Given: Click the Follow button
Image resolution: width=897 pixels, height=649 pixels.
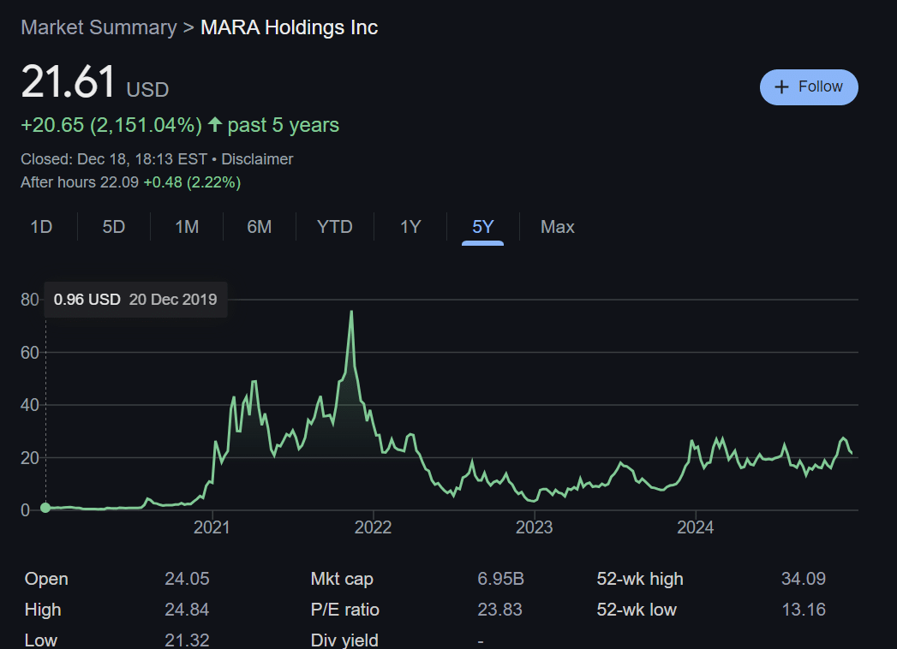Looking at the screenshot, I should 809,87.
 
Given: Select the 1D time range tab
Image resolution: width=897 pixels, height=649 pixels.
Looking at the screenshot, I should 41,227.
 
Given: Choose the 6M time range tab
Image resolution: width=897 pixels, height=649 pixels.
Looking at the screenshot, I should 259,227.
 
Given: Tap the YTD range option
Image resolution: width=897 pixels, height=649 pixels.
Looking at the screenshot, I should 334,227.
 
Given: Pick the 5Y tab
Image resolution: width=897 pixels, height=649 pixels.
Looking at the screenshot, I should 482,227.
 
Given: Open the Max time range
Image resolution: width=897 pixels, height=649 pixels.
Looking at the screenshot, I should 557,227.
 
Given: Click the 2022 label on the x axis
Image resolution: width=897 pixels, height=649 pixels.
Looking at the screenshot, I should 374,527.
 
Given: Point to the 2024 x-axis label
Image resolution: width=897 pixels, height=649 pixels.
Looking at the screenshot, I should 696,527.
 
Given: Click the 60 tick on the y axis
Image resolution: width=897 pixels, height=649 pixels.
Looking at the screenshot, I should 30,352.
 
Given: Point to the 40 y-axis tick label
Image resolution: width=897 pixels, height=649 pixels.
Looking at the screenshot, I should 30,405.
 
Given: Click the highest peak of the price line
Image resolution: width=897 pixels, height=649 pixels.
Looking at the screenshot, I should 351,312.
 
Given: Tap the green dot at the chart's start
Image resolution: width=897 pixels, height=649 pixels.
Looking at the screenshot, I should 45,508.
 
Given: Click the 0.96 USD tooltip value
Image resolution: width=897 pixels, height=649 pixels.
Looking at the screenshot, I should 87,300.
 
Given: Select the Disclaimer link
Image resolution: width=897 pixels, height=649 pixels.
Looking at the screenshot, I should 257,159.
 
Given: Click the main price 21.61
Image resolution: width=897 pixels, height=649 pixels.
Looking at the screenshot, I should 68,83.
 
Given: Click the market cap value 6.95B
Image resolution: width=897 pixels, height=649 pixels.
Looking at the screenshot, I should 500,579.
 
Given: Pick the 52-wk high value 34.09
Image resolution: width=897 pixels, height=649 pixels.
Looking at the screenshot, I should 803,579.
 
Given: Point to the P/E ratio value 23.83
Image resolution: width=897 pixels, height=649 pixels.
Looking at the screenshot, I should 499,610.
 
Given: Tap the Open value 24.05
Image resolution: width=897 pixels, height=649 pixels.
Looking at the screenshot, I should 187,579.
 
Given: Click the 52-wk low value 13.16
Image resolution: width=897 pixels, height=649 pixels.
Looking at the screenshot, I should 803,610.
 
